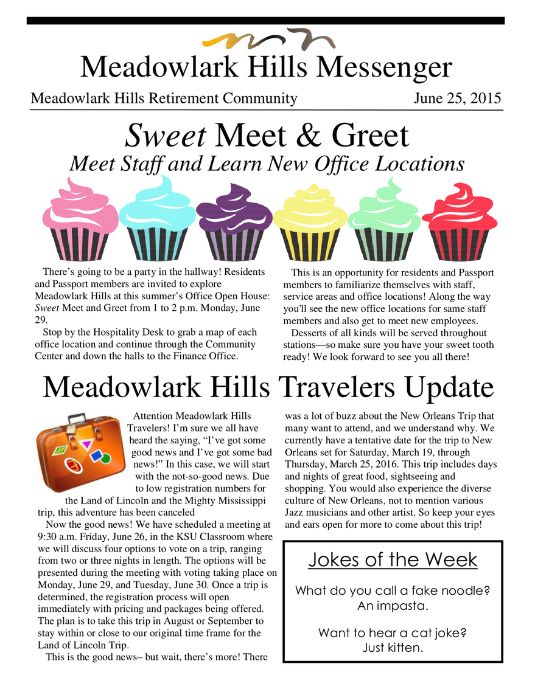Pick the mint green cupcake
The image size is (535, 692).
384,220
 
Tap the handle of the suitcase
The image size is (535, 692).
77,419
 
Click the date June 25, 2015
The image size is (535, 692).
457,99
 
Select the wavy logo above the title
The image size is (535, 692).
267,41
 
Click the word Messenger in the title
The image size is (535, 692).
377,67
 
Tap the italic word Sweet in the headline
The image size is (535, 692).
165,136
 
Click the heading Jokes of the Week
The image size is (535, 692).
393,559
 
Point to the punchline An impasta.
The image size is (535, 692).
393,606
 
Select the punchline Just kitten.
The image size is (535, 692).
393,648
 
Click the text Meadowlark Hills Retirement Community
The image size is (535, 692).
164,99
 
